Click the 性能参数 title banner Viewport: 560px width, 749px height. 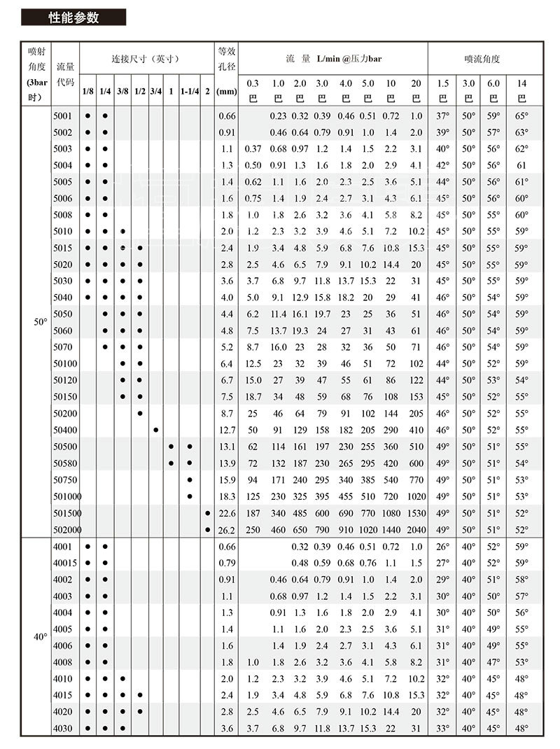(x=73, y=17)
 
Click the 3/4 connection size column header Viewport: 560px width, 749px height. (x=155, y=92)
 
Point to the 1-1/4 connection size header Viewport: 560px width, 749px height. (x=190, y=92)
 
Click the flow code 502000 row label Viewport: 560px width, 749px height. (x=66, y=529)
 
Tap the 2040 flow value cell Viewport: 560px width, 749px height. (x=416, y=529)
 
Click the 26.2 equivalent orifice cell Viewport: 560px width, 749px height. (x=227, y=529)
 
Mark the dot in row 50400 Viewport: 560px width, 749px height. (x=155, y=430)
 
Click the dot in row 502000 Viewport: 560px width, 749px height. (x=208, y=529)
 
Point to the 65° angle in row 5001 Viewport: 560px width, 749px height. (x=521, y=115)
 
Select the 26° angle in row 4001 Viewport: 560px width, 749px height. (x=443, y=546)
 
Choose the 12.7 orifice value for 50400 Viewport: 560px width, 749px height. (x=227, y=430)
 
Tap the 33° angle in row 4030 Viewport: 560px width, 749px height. (x=443, y=729)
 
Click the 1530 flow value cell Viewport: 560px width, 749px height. (x=416, y=512)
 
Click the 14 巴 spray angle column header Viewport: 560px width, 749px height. (x=521, y=91)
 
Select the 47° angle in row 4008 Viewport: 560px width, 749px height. (x=493, y=662)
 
